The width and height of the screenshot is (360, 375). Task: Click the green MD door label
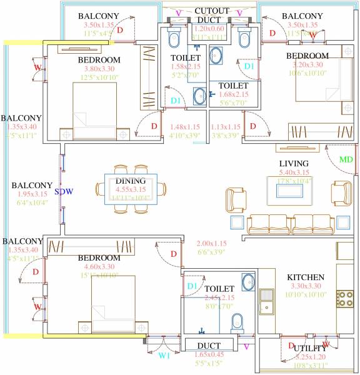pyautogui.click(x=346, y=160)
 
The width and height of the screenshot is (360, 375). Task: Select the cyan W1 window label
pyautogui.click(x=163, y=356)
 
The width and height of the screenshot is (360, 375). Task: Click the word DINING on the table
pyautogui.click(x=131, y=181)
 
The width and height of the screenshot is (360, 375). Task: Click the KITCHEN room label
pyautogui.click(x=305, y=277)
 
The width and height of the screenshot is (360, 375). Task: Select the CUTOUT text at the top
pyautogui.click(x=211, y=11)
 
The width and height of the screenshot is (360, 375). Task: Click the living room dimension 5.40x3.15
pyautogui.click(x=294, y=172)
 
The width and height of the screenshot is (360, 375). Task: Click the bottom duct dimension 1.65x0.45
pyautogui.click(x=209, y=354)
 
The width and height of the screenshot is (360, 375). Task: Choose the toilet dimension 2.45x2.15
pyautogui.click(x=219, y=298)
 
